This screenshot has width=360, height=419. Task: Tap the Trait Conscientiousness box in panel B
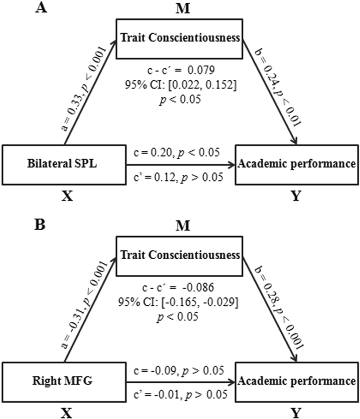coord(179,255)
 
